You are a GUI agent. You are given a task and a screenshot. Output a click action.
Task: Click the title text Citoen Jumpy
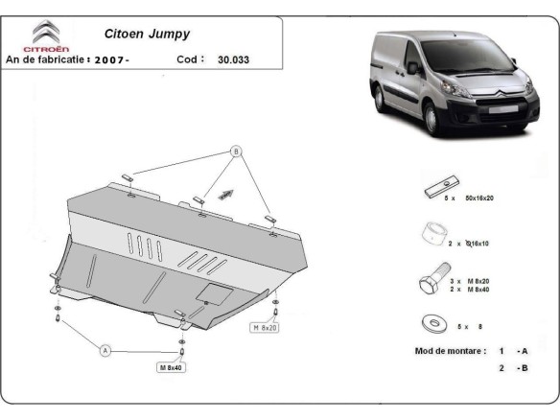[x=147, y=31]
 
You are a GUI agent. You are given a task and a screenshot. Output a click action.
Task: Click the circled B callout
[x=235, y=152]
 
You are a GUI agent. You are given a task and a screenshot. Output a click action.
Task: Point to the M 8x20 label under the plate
[x=266, y=328]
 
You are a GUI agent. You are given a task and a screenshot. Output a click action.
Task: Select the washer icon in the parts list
[x=432, y=323]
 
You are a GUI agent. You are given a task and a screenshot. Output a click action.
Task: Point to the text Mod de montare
[x=451, y=350]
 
